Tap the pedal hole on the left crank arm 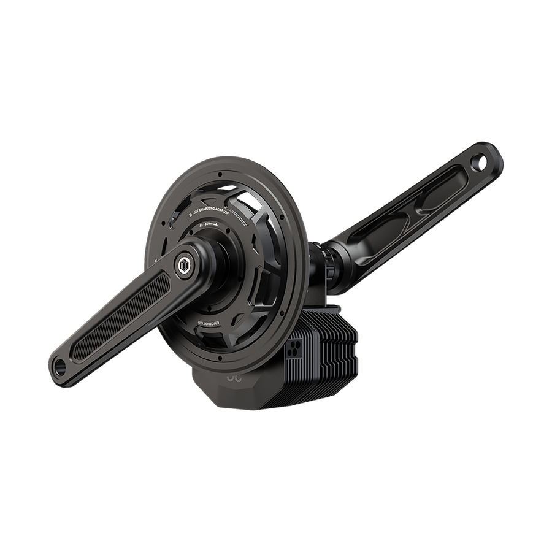[59, 363]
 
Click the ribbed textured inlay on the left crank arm [123, 307]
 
